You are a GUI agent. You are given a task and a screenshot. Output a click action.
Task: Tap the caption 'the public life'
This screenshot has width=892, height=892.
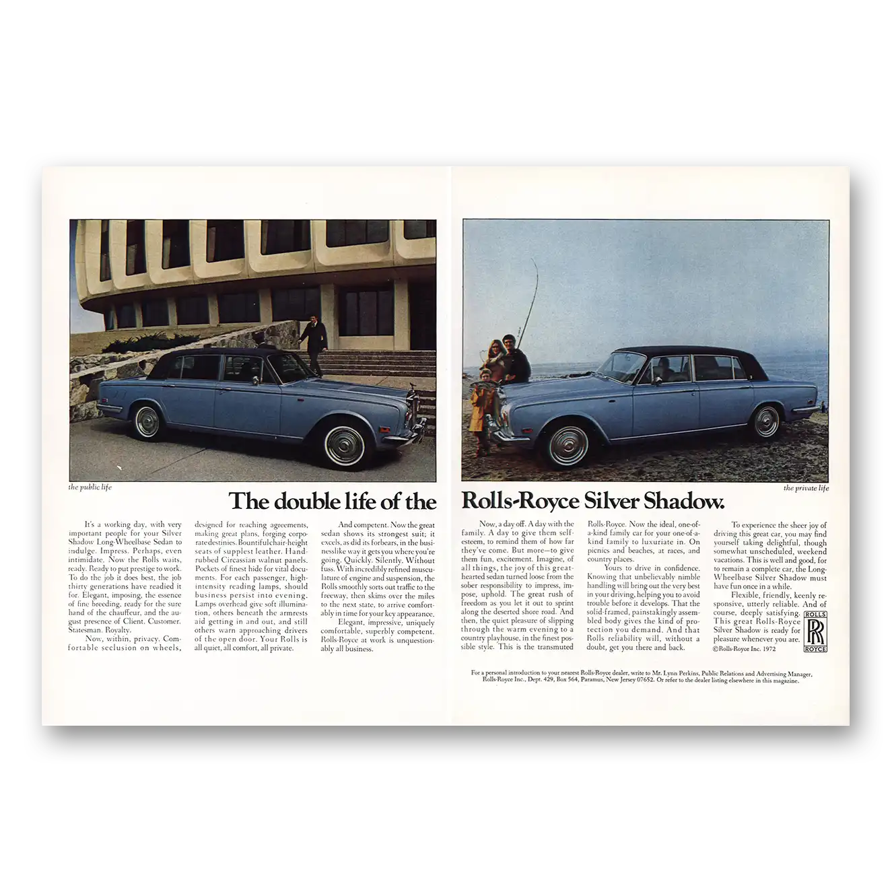tap(90, 487)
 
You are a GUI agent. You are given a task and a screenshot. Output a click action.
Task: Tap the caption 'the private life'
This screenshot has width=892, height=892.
tap(806, 488)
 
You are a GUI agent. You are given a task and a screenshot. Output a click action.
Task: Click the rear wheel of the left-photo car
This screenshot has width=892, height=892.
tap(147, 419)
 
